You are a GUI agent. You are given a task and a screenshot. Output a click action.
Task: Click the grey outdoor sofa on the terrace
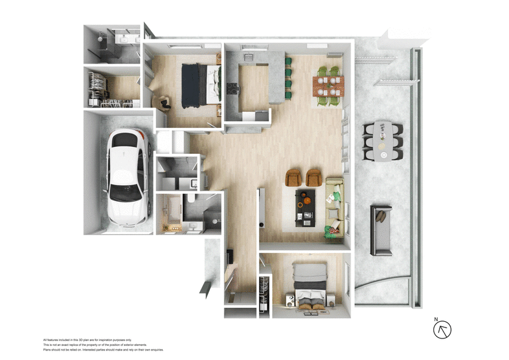[x=381, y=230]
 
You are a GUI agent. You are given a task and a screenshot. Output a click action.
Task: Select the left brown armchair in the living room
[x=294, y=178]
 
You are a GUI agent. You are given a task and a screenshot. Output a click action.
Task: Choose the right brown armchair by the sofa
[x=313, y=177]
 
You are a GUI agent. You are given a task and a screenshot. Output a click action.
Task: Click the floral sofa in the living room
[x=333, y=207]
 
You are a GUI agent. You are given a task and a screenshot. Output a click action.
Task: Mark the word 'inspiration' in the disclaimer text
[x=113, y=340]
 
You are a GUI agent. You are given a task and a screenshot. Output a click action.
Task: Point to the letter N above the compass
[x=436, y=319]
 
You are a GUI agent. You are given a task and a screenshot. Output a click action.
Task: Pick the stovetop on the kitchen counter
[x=232, y=87]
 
